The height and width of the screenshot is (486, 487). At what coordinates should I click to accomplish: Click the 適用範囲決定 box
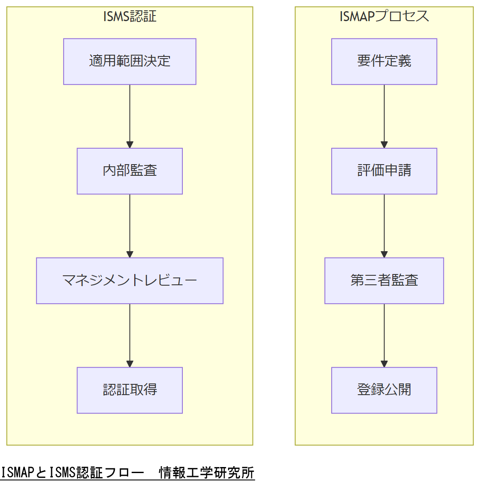click(129, 62)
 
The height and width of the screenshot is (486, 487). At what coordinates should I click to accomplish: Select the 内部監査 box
click(129, 171)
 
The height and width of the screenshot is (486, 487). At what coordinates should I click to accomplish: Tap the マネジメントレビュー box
click(129, 280)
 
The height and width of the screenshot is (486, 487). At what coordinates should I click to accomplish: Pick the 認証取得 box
click(129, 390)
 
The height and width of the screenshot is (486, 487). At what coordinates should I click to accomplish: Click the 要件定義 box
click(384, 62)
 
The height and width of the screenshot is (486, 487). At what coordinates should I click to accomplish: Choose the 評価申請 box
click(384, 171)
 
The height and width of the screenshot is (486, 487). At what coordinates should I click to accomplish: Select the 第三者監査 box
click(384, 280)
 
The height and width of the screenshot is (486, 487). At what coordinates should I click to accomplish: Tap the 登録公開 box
click(384, 390)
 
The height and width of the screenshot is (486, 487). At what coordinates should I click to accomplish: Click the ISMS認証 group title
click(129, 16)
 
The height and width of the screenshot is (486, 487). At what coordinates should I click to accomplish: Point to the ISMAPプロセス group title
click(384, 16)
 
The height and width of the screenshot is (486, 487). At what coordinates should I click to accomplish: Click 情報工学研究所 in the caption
click(207, 473)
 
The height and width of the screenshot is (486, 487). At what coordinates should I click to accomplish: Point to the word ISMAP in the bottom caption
click(17, 473)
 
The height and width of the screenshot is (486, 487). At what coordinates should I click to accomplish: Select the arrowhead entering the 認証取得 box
click(129, 364)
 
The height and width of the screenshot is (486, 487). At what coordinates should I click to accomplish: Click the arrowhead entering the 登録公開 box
click(384, 364)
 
